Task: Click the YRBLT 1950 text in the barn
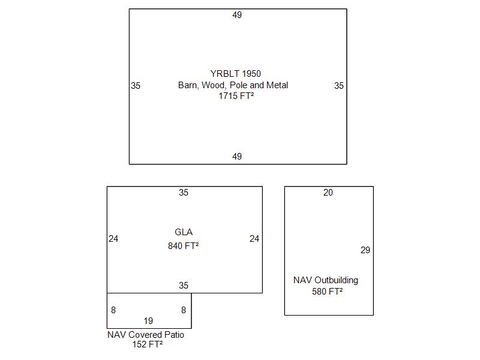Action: point(236,74)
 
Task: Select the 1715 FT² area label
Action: point(236,96)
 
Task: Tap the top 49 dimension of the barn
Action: point(237,15)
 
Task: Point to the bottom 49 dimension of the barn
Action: point(237,157)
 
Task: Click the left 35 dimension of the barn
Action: point(136,86)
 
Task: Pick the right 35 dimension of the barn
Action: point(339,86)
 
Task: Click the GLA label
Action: point(184,232)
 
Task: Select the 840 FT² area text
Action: point(183,245)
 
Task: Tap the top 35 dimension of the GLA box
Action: point(184,193)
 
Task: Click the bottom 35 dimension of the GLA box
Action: point(184,286)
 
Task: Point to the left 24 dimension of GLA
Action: point(113,239)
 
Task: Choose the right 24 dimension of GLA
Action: point(254,239)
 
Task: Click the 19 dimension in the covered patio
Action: point(148,321)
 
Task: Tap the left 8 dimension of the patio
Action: point(113,310)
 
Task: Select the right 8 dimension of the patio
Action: point(184,310)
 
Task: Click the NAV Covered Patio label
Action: point(146,335)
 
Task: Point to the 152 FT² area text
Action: point(147,344)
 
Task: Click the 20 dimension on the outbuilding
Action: point(328,193)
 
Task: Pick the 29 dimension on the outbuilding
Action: point(365,250)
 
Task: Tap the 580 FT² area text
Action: point(327,292)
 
